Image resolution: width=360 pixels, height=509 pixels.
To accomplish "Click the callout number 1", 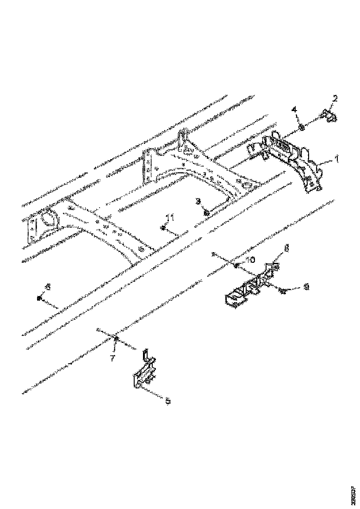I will [x=337, y=159].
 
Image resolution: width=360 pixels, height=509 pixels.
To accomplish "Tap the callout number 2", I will [x=335, y=99].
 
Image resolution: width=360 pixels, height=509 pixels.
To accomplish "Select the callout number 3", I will [x=198, y=201].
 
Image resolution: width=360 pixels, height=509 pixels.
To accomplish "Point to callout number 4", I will [x=293, y=110].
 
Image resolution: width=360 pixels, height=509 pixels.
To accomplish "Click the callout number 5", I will [x=168, y=401].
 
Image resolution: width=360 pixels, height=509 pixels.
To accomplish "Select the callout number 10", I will [x=250, y=260].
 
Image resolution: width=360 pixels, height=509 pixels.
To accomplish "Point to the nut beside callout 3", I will [x=206, y=212].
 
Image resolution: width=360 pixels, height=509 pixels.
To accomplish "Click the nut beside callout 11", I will [x=163, y=228].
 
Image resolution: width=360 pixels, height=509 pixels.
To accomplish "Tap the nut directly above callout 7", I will [x=116, y=341].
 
